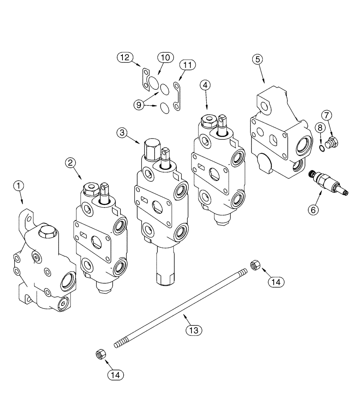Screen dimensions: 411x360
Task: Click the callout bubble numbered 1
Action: pos(18,186)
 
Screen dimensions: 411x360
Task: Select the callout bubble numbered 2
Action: pos(71,163)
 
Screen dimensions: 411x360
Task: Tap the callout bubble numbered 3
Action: pos(122,132)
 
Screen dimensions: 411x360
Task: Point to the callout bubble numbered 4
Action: pos(206,85)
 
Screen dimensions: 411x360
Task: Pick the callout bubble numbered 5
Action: pos(258,59)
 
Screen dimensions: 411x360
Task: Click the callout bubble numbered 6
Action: pos(313,210)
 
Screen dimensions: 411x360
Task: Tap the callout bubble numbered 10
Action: pos(164,58)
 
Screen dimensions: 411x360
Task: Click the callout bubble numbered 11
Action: pos(187,65)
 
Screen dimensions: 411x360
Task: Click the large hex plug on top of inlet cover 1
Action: pos(45,234)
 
